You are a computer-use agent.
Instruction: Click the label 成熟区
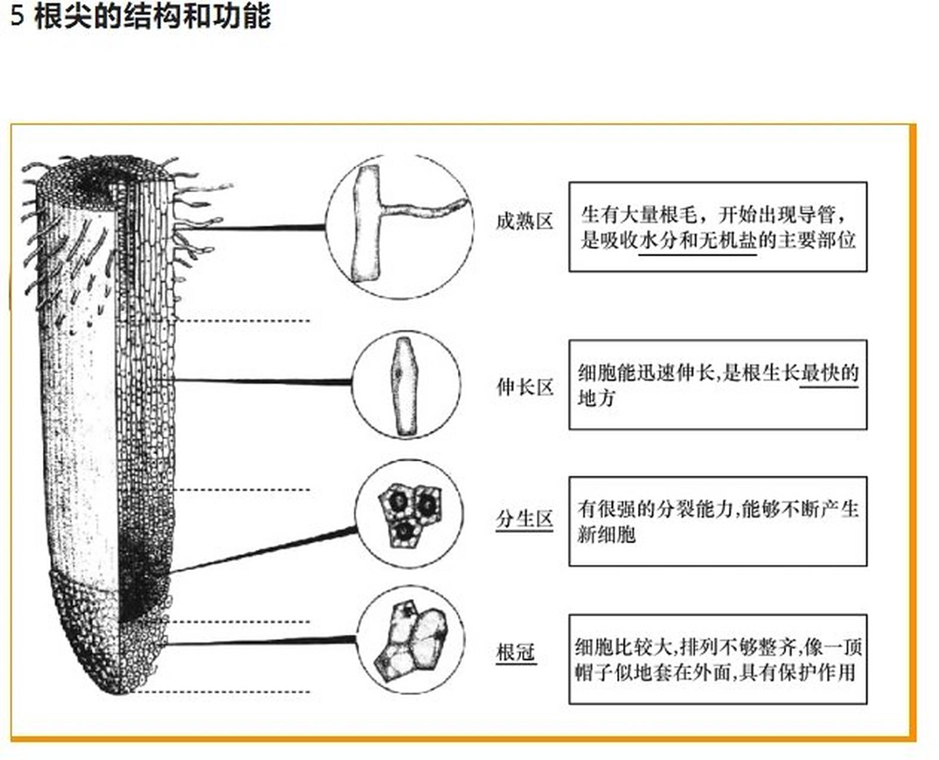point(524,222)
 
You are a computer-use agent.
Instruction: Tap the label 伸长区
point(524,388)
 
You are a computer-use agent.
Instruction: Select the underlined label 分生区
point(524,519)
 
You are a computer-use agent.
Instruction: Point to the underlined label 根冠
point(516,653)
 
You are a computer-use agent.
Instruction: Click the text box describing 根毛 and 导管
point(717,227)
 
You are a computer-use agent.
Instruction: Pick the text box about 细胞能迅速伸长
point(717,385)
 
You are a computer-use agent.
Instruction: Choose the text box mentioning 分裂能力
point(717,521)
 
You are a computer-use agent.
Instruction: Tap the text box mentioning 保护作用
point(717,659)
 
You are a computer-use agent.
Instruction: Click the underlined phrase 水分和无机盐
point(697,241)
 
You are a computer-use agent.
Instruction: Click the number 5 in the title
point(18,17)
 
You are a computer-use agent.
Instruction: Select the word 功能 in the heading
point(248,15)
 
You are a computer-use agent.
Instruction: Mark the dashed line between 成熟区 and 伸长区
point(244,321)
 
